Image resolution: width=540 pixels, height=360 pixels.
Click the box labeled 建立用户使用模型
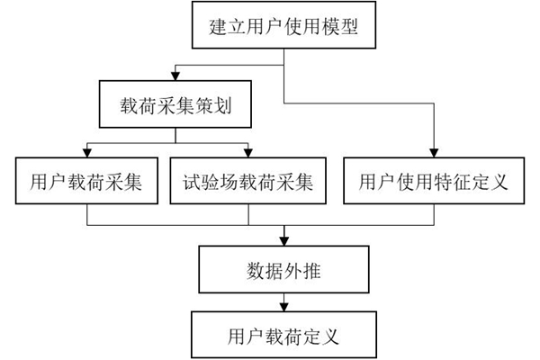click(283, 26)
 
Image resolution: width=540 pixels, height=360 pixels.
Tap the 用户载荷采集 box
click(86, 183)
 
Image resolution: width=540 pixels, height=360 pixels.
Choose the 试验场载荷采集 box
click(247, 183)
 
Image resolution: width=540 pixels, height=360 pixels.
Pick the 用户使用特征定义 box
click(433, 183)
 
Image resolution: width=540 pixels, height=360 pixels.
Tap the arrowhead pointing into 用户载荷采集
click(86, 153)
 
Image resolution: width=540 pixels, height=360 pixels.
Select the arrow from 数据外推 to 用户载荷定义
click(283, 301)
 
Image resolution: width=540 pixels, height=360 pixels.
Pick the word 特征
click(446, 183)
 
